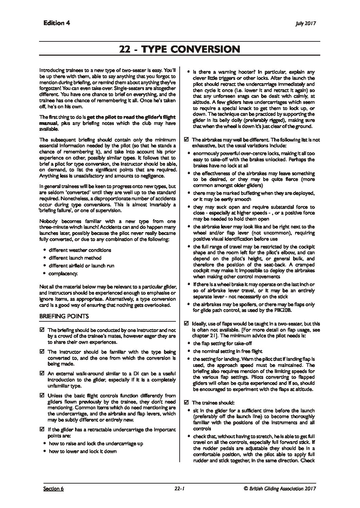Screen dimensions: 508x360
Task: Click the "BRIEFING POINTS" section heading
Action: click(x=64, y=316)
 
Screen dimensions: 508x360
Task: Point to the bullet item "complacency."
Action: click(x=63, y=273)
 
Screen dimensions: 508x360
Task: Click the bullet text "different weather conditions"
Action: click(x=80, y=250)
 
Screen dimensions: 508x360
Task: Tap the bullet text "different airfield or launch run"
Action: click(x=82, y=266)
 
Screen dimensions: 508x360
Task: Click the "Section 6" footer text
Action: click(x=53, y=489)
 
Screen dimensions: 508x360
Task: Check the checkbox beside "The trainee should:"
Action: click(x=186, y=403)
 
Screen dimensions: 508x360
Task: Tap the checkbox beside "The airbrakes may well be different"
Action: click(x=186, y=140)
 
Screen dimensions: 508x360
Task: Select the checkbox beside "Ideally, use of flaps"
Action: click(x=186, y=324)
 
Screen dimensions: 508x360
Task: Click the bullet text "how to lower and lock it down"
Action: click(x=83, y=451)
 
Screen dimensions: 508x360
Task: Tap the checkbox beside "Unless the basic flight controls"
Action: click(x=42, y=396)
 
